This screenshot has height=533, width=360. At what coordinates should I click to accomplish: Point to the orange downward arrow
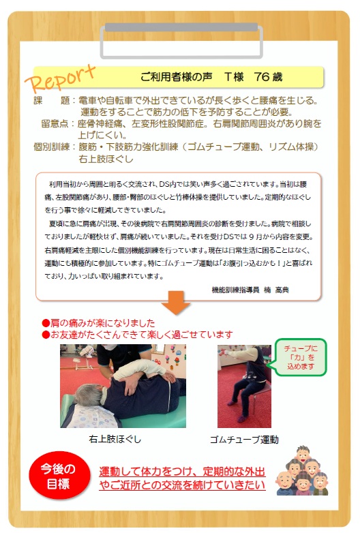175,303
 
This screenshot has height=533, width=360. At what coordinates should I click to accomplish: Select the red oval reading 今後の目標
59,476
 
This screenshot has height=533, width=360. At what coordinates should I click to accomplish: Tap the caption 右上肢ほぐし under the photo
115,439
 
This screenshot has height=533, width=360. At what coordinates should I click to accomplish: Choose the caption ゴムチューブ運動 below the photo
244,440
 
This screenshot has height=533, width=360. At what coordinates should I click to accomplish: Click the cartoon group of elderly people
303,472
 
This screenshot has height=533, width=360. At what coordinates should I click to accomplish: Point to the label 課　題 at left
51,100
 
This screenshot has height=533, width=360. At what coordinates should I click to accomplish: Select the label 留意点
55,123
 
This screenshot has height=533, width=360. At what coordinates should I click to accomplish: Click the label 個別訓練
51,147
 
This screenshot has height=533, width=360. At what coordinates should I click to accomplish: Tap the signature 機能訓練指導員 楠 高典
250,290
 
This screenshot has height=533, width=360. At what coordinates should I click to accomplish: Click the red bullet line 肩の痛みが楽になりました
98,323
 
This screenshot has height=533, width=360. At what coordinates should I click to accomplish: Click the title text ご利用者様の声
176,77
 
